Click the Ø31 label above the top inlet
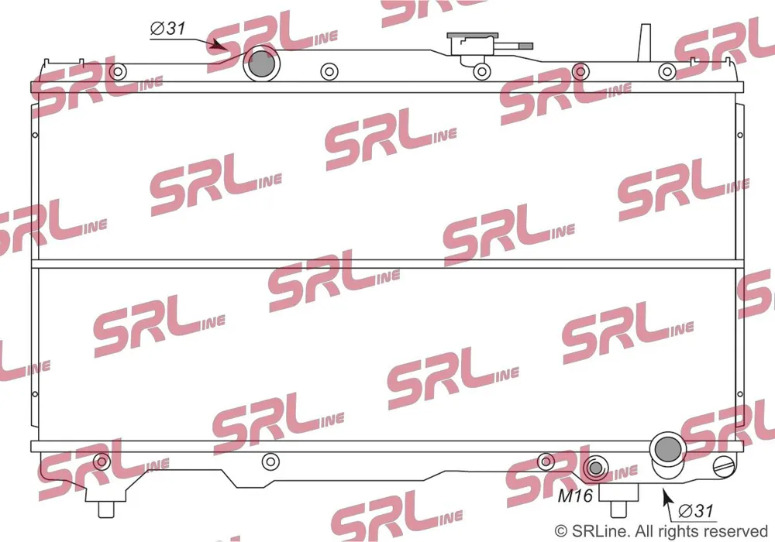click(168, 28)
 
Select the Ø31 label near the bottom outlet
click(696, 510)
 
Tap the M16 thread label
click(575, 495)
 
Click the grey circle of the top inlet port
click(261, 63)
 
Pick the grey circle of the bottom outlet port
click(667, 448)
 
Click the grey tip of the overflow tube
click(525, 46)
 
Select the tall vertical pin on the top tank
click(644, 43)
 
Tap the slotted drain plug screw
click(725, 466)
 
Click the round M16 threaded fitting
click(595, 468)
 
